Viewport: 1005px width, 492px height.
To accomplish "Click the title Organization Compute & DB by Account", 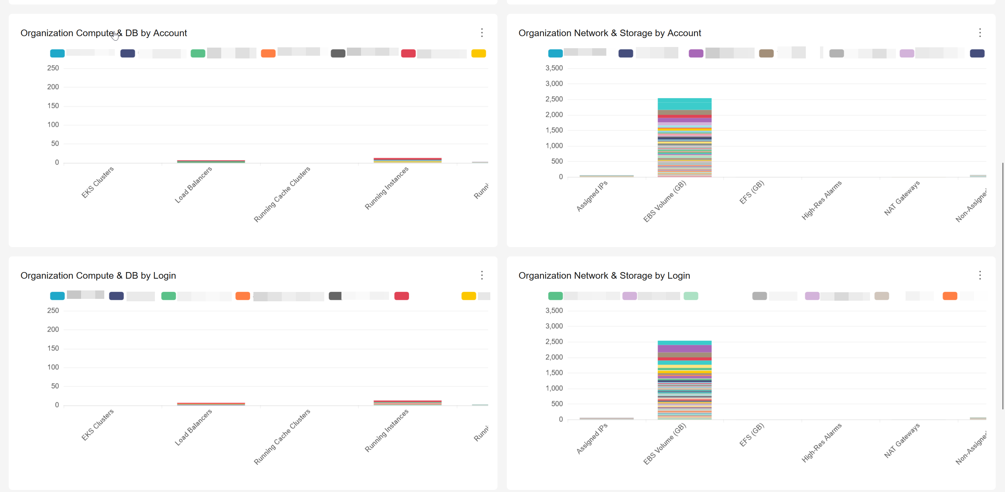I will pos(103,33).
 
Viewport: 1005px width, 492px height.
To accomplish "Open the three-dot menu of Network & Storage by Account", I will pos(980,33).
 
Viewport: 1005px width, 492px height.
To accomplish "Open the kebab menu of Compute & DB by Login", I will pos(482,275).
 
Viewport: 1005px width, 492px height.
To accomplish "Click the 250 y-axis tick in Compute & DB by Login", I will pos(53,311).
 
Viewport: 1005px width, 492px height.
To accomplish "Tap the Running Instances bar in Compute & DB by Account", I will pos(407,160).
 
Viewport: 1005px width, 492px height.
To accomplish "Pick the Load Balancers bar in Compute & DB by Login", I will pos(211,404).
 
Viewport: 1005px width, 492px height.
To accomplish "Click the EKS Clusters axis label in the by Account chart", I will pos(98,182).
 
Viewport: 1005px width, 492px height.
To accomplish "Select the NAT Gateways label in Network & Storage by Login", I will pos(902,440).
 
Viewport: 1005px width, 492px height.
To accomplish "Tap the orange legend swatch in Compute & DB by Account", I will pos(268,53).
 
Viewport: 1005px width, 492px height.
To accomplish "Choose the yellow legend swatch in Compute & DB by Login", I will pos(469,296).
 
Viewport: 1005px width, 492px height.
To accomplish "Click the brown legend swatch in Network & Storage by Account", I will pos(766,53).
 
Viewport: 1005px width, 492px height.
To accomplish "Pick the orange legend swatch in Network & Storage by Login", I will pos(950,296).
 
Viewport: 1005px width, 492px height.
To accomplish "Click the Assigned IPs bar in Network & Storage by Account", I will pos(606,176).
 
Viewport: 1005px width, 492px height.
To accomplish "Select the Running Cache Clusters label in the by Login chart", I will pos(282,437).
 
